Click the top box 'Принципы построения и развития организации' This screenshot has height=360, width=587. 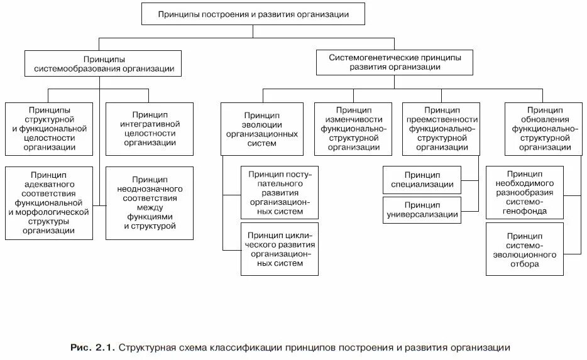pos(253,13)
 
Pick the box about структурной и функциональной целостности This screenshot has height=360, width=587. pos(49,128)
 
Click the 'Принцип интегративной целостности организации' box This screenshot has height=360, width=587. pos(150,128)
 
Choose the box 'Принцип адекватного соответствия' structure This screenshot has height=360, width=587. pos(49,202)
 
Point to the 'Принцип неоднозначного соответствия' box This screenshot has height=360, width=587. pos(150,202)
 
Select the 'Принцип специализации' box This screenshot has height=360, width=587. pos(422,179)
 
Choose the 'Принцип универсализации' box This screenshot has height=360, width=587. pos(422,209)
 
